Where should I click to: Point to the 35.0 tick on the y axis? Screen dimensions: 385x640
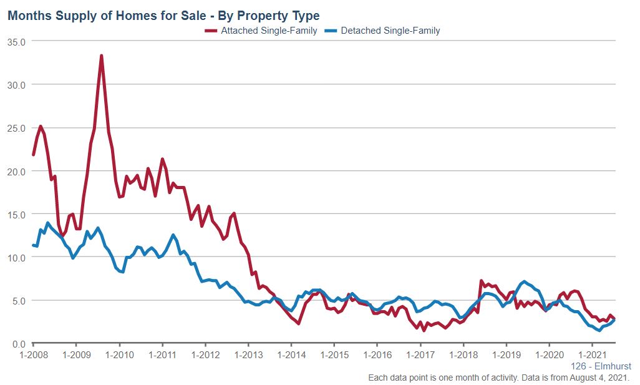coord(16,41)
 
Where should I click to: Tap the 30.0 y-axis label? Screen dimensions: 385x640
coord(16,84)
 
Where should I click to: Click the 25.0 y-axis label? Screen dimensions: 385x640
coord(16,128)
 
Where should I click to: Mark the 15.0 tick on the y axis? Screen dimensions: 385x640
coord(16,214)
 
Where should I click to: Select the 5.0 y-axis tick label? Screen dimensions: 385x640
coord(17,300)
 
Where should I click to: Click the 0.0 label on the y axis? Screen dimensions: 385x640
coord(17,344)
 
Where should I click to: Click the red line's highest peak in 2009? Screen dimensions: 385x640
coord(101,56)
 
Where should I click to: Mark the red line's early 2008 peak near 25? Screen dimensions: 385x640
coord(41,126)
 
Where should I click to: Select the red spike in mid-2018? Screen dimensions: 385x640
coord(481,281)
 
